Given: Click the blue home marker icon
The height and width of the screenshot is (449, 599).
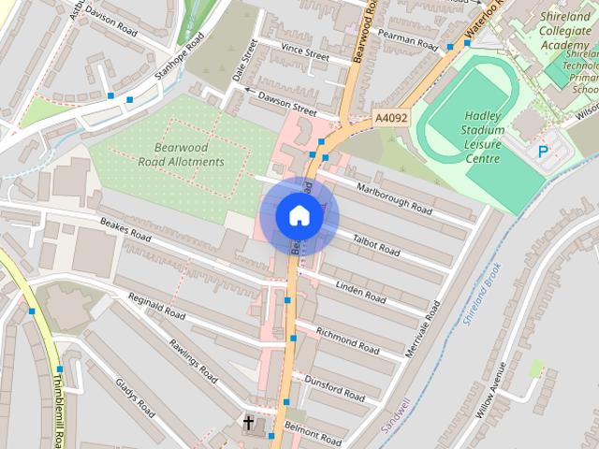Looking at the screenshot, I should [299, 216].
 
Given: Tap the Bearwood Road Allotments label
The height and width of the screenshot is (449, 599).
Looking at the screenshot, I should [177, 154].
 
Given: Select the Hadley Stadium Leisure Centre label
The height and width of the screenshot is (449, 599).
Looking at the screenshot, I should [482, 137].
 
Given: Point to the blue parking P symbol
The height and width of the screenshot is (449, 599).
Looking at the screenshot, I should [543, 151].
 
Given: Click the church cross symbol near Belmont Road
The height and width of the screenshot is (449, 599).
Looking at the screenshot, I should [248, 424].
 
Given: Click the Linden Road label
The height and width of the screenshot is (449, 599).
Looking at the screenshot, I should [360, 292].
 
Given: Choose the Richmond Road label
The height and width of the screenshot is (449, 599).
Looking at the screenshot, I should [347, 340].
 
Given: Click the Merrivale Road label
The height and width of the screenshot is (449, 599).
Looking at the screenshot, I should [421, 327].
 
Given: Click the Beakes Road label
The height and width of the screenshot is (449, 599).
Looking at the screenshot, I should [124, 230].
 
